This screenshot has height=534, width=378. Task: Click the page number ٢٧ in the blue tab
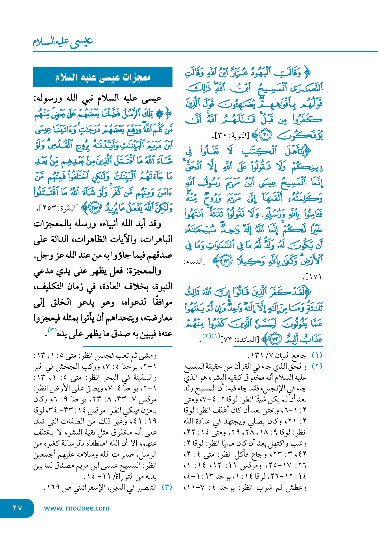pos(17,508)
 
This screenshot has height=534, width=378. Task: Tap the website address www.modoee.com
pos(77,508)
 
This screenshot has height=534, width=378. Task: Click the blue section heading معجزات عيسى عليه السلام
pos(103,77)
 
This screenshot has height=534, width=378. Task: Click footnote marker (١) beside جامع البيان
pos(317,355)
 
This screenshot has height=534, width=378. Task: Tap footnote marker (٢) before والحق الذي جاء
pos(317,366)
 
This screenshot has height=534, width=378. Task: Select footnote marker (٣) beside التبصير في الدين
pos(167,487)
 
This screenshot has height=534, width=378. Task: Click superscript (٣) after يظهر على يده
pos(53,330)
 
